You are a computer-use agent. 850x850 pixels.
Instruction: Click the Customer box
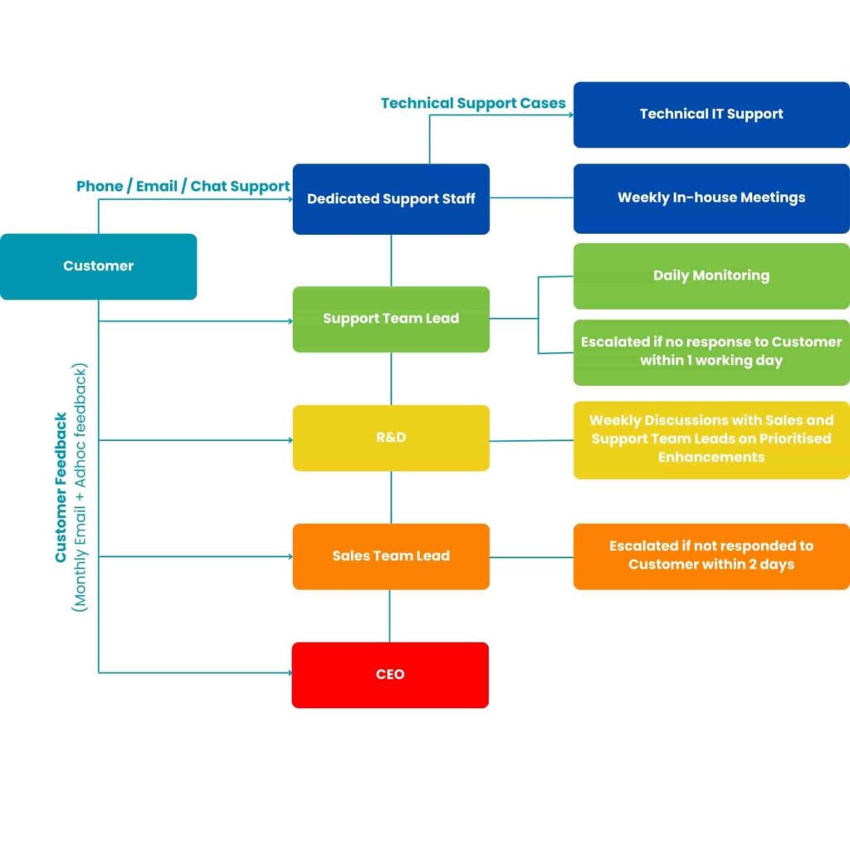click(x=98, y=266)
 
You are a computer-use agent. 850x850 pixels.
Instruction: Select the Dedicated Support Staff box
click(x=391, y=199)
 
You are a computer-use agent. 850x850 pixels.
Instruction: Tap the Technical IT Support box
click(x=711, y=115)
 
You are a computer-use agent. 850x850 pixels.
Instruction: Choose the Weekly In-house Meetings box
click(x=711, y=198)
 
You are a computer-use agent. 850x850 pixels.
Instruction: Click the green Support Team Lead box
click(x=391, y=319)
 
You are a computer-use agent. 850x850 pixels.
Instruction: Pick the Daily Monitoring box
click(x=711, y=276)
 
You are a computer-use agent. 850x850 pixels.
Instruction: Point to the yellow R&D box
click(x=391, y=437)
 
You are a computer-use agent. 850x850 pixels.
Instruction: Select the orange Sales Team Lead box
click(x=391, y=556)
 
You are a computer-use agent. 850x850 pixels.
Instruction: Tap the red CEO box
click(x=390, y=675)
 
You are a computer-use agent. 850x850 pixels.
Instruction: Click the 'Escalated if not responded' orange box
click(x=711, y=556)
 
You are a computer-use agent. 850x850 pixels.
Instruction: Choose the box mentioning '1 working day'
click(x=711, y=352)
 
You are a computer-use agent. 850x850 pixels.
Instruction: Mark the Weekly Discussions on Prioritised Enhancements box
click(x=711, y=439)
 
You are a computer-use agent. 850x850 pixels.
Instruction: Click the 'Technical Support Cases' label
click(x=473, y=104)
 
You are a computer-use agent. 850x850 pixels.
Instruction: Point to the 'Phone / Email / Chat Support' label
click(x=183, y=187)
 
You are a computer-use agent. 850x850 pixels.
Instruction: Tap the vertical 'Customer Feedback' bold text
click(x=61, y=488)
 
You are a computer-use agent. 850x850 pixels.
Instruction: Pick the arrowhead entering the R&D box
click(x=289, y=440)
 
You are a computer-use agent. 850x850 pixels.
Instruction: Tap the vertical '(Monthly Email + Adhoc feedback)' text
click(x=81, y=488)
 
